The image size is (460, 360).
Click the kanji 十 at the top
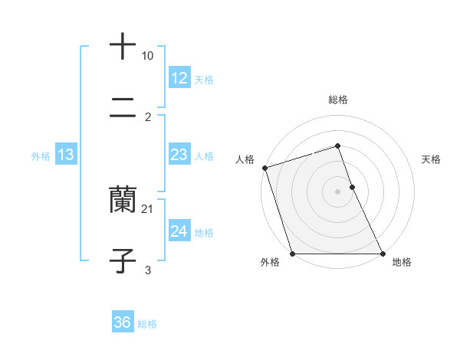123,46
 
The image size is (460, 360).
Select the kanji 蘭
123,199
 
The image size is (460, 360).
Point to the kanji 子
123,260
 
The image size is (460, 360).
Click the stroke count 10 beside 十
147,56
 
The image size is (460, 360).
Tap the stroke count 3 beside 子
148,270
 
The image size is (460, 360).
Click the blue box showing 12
179,78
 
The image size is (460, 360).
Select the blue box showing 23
179,155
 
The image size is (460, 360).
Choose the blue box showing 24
179,231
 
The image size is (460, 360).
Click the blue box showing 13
65,155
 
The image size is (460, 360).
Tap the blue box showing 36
122,323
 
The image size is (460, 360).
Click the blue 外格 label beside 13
41,156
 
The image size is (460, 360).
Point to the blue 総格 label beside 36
147,324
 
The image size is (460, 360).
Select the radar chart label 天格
432,159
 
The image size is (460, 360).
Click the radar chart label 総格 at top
338,100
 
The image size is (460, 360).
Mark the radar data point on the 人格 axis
265,168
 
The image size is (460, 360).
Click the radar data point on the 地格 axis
382,254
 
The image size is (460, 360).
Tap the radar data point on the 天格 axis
352,187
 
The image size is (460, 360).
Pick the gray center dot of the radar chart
338,191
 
